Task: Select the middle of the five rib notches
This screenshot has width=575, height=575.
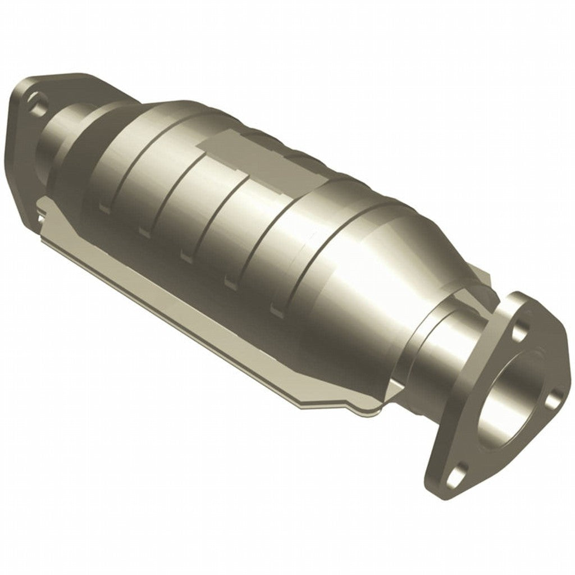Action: [x=186, y=255]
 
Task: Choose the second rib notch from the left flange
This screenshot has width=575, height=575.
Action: [x=143, y=231]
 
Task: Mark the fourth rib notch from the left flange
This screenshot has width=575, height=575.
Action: [x=230, y=281]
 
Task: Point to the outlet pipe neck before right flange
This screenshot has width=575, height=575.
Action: [x=432, y=348]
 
